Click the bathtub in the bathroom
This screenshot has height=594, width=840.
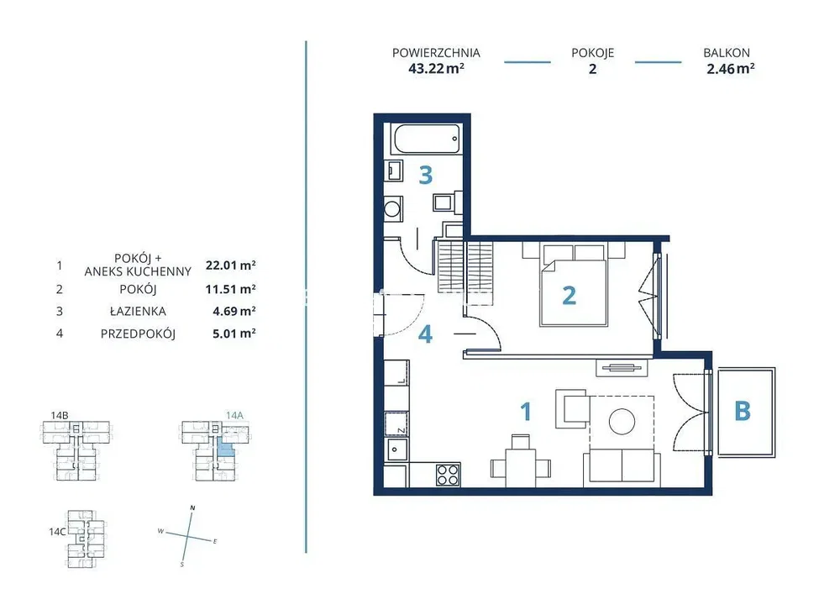427,139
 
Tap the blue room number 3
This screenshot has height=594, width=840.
425,175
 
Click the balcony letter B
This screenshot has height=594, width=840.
742,412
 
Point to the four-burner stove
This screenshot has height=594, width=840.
448,475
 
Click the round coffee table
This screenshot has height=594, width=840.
622,422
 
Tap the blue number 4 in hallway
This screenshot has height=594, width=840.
425,334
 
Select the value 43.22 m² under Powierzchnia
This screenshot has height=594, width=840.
436,69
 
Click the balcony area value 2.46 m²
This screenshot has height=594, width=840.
730,69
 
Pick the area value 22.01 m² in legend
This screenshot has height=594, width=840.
230,265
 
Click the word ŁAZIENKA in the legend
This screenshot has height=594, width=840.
139,311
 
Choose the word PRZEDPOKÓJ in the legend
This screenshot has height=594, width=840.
139,334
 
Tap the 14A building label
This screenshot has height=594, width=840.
234,415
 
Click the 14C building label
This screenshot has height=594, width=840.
57,532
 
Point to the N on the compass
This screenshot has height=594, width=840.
193,507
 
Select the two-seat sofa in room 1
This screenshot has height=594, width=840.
622,465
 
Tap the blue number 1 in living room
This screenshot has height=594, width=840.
526,412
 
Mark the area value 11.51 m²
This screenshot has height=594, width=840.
230,289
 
